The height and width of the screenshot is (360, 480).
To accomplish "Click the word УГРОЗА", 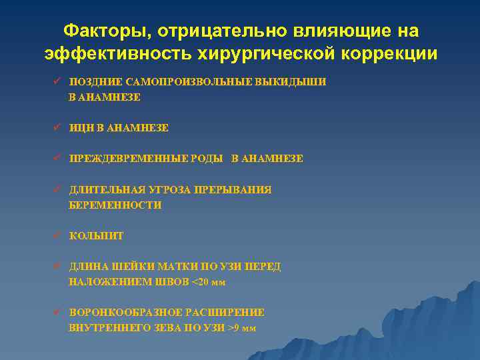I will pos(171,190).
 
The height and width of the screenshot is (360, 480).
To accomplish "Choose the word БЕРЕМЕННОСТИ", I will pos(115,205).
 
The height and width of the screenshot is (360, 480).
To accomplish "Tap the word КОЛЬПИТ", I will pos(97,236).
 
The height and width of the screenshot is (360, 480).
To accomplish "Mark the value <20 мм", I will pos(209,282).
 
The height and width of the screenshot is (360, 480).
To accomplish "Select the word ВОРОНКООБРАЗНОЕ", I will pos(124,312).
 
